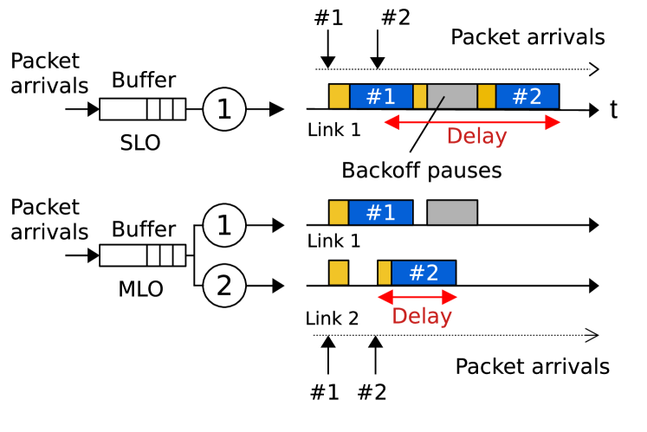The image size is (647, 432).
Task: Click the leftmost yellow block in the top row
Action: tap(339, 96)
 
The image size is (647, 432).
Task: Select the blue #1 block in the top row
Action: tap(381, 96)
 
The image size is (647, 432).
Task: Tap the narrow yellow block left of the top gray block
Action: tap(420, 96)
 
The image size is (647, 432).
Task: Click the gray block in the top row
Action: tap(452, 96)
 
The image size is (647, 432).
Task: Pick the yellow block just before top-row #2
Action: tap(487, 96)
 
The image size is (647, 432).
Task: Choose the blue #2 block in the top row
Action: tap(527, 96)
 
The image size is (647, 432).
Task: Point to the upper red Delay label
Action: tap(476, 136)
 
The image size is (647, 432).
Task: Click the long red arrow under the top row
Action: tap(472, 122)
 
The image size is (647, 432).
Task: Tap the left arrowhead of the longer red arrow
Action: tap(389, 122)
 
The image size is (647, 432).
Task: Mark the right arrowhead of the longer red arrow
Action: tap(556, 122)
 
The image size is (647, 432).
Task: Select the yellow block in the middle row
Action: tap(339, 212)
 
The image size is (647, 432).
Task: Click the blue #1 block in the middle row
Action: tap(381, 212)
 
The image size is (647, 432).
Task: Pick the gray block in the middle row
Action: tap(452, 212)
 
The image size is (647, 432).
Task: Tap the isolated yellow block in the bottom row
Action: tap(339, 273)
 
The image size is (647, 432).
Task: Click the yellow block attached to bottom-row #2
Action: tap(385, 273)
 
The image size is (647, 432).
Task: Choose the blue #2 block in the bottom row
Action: tap(424, 273)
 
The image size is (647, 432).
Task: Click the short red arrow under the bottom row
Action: tap(417, 297)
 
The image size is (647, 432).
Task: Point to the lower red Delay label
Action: tap(422, 316)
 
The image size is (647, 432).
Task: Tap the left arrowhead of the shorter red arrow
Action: tap(383, 297)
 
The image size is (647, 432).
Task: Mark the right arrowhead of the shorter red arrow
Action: tap(451, 297)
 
